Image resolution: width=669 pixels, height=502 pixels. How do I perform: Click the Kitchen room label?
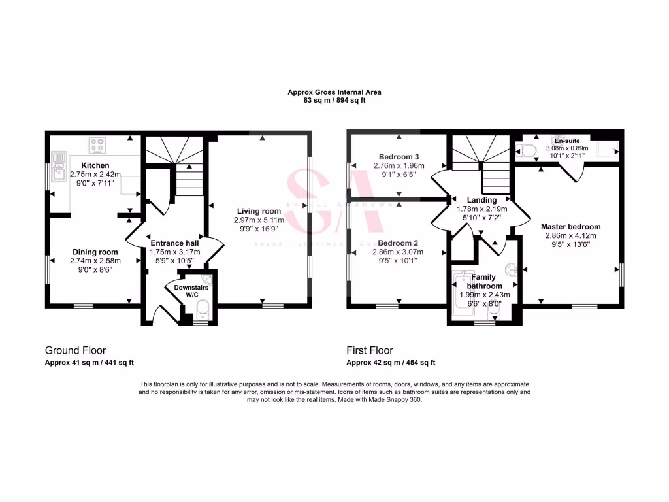click(95, 165)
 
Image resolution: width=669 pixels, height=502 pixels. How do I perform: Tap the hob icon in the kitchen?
click(98, 144)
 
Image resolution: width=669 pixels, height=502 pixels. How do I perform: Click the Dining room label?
click(95, 252)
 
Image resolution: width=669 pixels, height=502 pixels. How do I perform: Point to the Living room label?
click(259, 211)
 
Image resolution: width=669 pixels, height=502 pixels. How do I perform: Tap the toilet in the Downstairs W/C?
click(201, 308)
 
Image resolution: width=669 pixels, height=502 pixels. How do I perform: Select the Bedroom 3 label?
click(399, 157)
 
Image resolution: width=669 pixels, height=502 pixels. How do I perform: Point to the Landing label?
click(481, 200)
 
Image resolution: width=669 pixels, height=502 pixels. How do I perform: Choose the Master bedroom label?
click(570, 227)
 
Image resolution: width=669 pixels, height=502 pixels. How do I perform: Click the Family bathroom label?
click(484, 282)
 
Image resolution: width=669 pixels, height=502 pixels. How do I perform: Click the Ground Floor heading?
click(75, 350)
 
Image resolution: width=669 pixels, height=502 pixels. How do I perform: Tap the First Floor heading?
click(370, 350)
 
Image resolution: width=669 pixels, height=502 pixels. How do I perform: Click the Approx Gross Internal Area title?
click(334, 92)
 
